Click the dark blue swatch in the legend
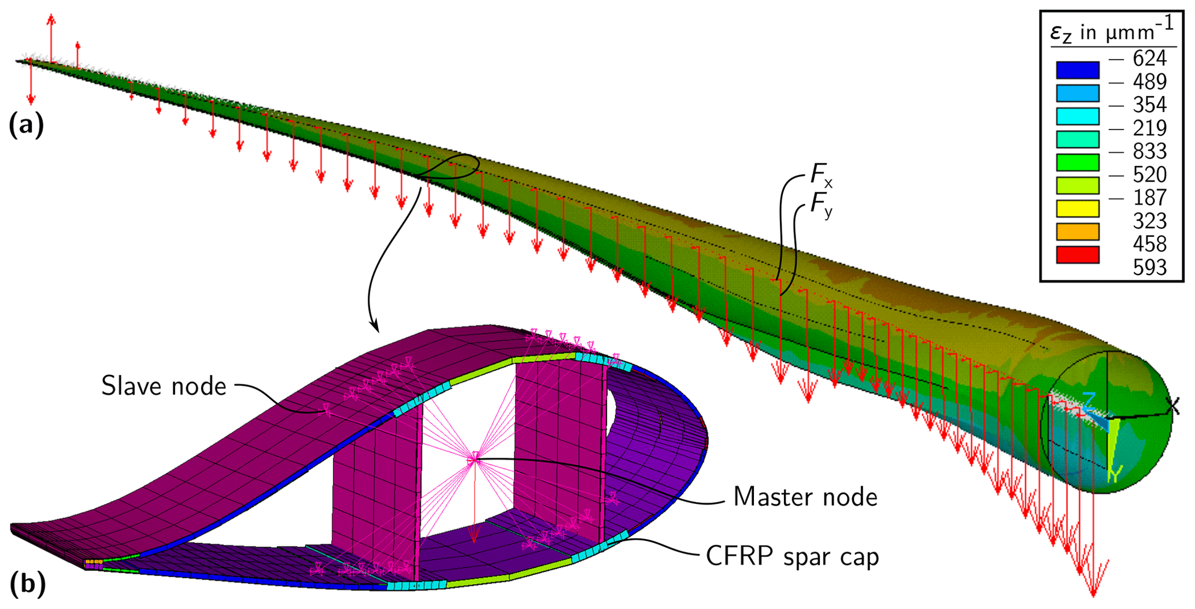click(1077, 70)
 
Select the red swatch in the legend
click(1077, 255)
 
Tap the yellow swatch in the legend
click(1077, 209)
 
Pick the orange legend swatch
click(1077, 232)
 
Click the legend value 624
click(1149, 58)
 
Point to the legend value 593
click(1149, 268)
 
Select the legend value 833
click(1149, 151)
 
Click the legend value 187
click(1149, 198)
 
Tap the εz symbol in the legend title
click(1061, 34)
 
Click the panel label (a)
click(26, 124)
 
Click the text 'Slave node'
click(164, 386)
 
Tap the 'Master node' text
click(805, 497)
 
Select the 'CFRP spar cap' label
click(792, 556)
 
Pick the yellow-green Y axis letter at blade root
click(1115, 474)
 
